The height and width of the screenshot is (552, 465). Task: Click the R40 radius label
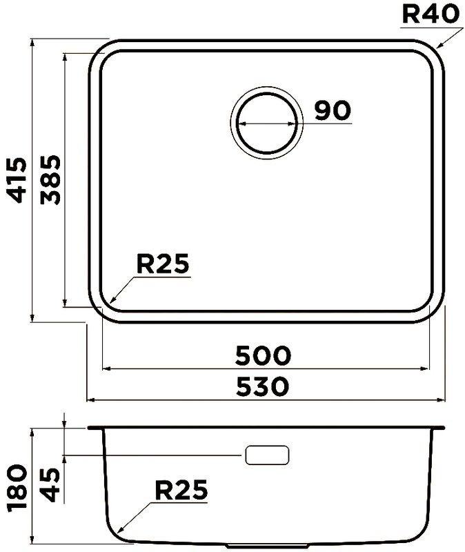(431, 14)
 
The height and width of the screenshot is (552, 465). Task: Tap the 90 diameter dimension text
(333, 110)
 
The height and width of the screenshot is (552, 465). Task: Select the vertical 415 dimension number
(17, 180)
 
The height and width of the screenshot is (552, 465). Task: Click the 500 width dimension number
(263, 356)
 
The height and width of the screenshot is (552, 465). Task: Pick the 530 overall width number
(263, 387)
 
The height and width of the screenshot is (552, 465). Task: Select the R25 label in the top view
(163, 264)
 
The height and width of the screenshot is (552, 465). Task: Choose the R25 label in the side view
(181, 491)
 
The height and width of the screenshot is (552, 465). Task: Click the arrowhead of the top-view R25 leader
(109, 304)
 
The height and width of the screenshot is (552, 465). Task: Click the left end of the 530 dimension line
(86, 400)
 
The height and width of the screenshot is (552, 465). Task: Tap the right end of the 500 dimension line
(430, 368)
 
